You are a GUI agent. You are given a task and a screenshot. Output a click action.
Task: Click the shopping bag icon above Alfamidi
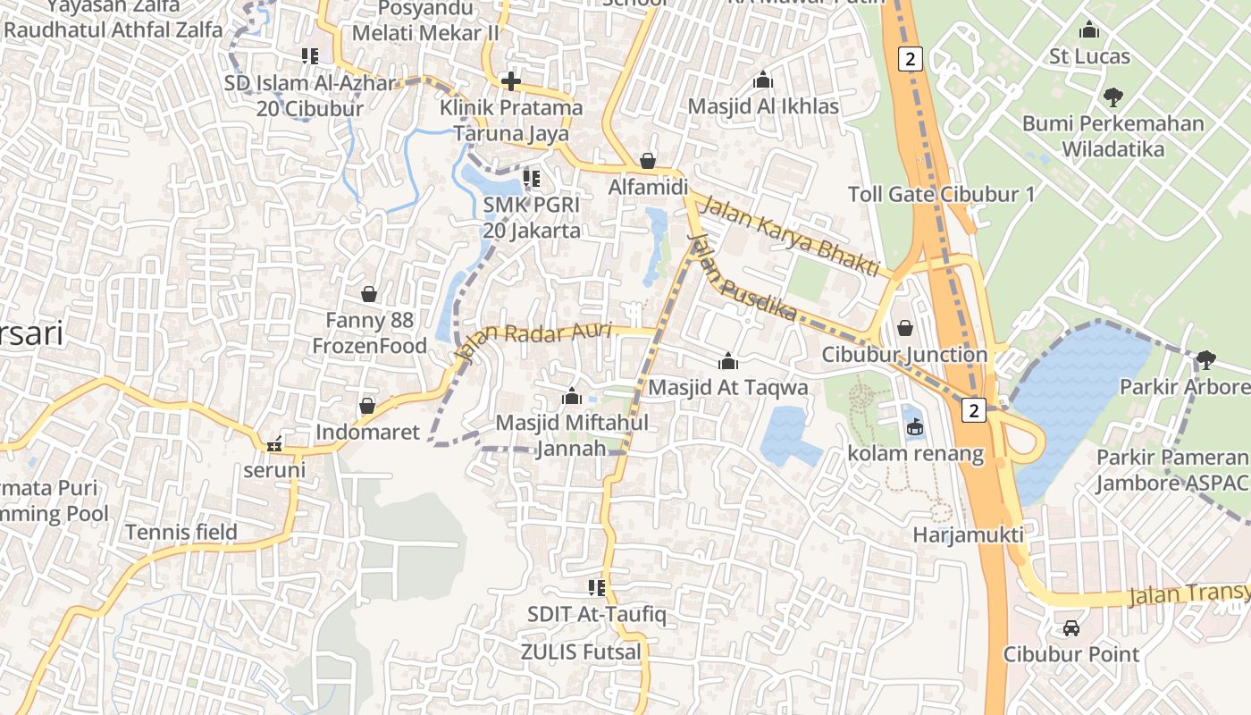tap(648, 161)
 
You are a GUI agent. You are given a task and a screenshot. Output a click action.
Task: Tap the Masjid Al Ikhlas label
tap(763, 106)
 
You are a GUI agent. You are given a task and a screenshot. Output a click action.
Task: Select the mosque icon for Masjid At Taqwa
tap(728, 361)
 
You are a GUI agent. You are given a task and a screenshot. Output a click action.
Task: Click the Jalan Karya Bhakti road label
tap(790, 235)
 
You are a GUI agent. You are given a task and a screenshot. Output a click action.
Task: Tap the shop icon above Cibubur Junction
tap(905, 328)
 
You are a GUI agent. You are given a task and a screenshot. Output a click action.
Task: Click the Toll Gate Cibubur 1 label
tap(941, 194)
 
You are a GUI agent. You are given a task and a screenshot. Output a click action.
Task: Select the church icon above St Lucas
tap(1089, 29)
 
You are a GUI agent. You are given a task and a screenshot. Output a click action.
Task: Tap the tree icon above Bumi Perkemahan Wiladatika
tap(1113, 96)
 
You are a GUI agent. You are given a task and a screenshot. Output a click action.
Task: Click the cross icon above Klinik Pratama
tap(511, 81)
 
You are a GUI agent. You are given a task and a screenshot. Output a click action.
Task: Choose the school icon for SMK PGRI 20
tap(532, 179)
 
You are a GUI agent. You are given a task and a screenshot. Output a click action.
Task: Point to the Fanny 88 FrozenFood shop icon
tap(369, 293)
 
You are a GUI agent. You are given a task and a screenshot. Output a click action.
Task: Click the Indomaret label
tap(367, 433)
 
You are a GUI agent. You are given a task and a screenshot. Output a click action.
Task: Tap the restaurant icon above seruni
tap(274, 443)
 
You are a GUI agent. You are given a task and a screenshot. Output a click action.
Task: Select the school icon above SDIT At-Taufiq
tap(597, 587)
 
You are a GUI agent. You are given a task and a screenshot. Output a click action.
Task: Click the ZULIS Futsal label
tap(581, 652)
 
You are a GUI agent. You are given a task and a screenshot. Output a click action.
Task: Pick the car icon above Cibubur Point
tap(1071, 627)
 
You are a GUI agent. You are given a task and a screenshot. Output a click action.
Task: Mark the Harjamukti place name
tap(968, 534)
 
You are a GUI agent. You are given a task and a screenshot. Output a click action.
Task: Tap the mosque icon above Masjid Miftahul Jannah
tap(572, 395)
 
